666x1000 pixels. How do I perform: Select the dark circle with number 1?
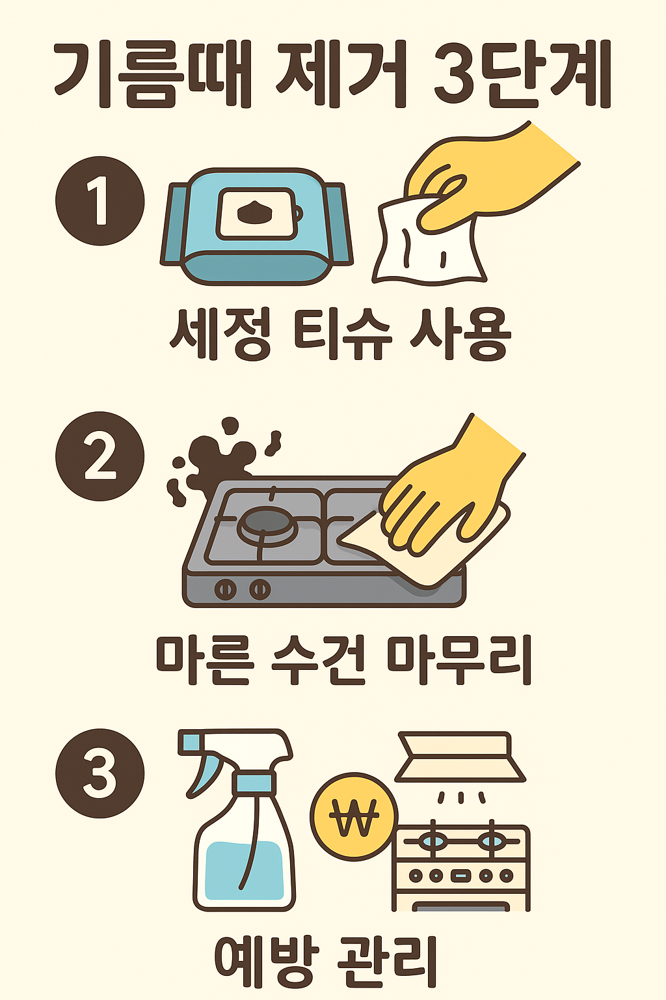pyautogui.click(x=100, y=201)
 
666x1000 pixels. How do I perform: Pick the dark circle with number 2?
pyautogui.click(x=100, y=456)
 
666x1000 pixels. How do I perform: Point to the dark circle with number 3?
pyautogui.click(x=100, y=773)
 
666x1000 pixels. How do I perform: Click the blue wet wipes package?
pyautogui.click(x=256, y=227)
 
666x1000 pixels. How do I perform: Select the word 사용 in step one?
pyautogui.click(x=460, y=334)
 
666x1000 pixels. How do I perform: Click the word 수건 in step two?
pyautogui.click(x=319, y=660)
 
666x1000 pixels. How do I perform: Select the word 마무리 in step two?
pyautogui.click(x=459, y=660)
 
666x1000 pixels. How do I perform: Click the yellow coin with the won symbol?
pyautogui.click(x=354, y=817)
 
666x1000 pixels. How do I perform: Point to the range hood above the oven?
pyautogui.click(x=460, y=757)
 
